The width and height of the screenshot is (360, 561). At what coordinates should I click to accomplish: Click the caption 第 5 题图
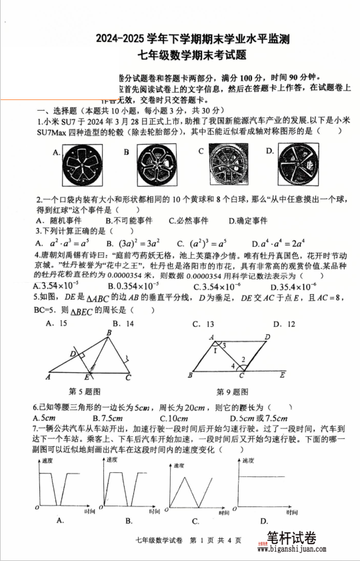pos(85,391)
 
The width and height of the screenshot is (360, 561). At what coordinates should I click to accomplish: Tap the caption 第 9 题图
pos(231,392)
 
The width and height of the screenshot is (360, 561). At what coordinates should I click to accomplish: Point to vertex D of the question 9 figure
pos(267,338)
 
